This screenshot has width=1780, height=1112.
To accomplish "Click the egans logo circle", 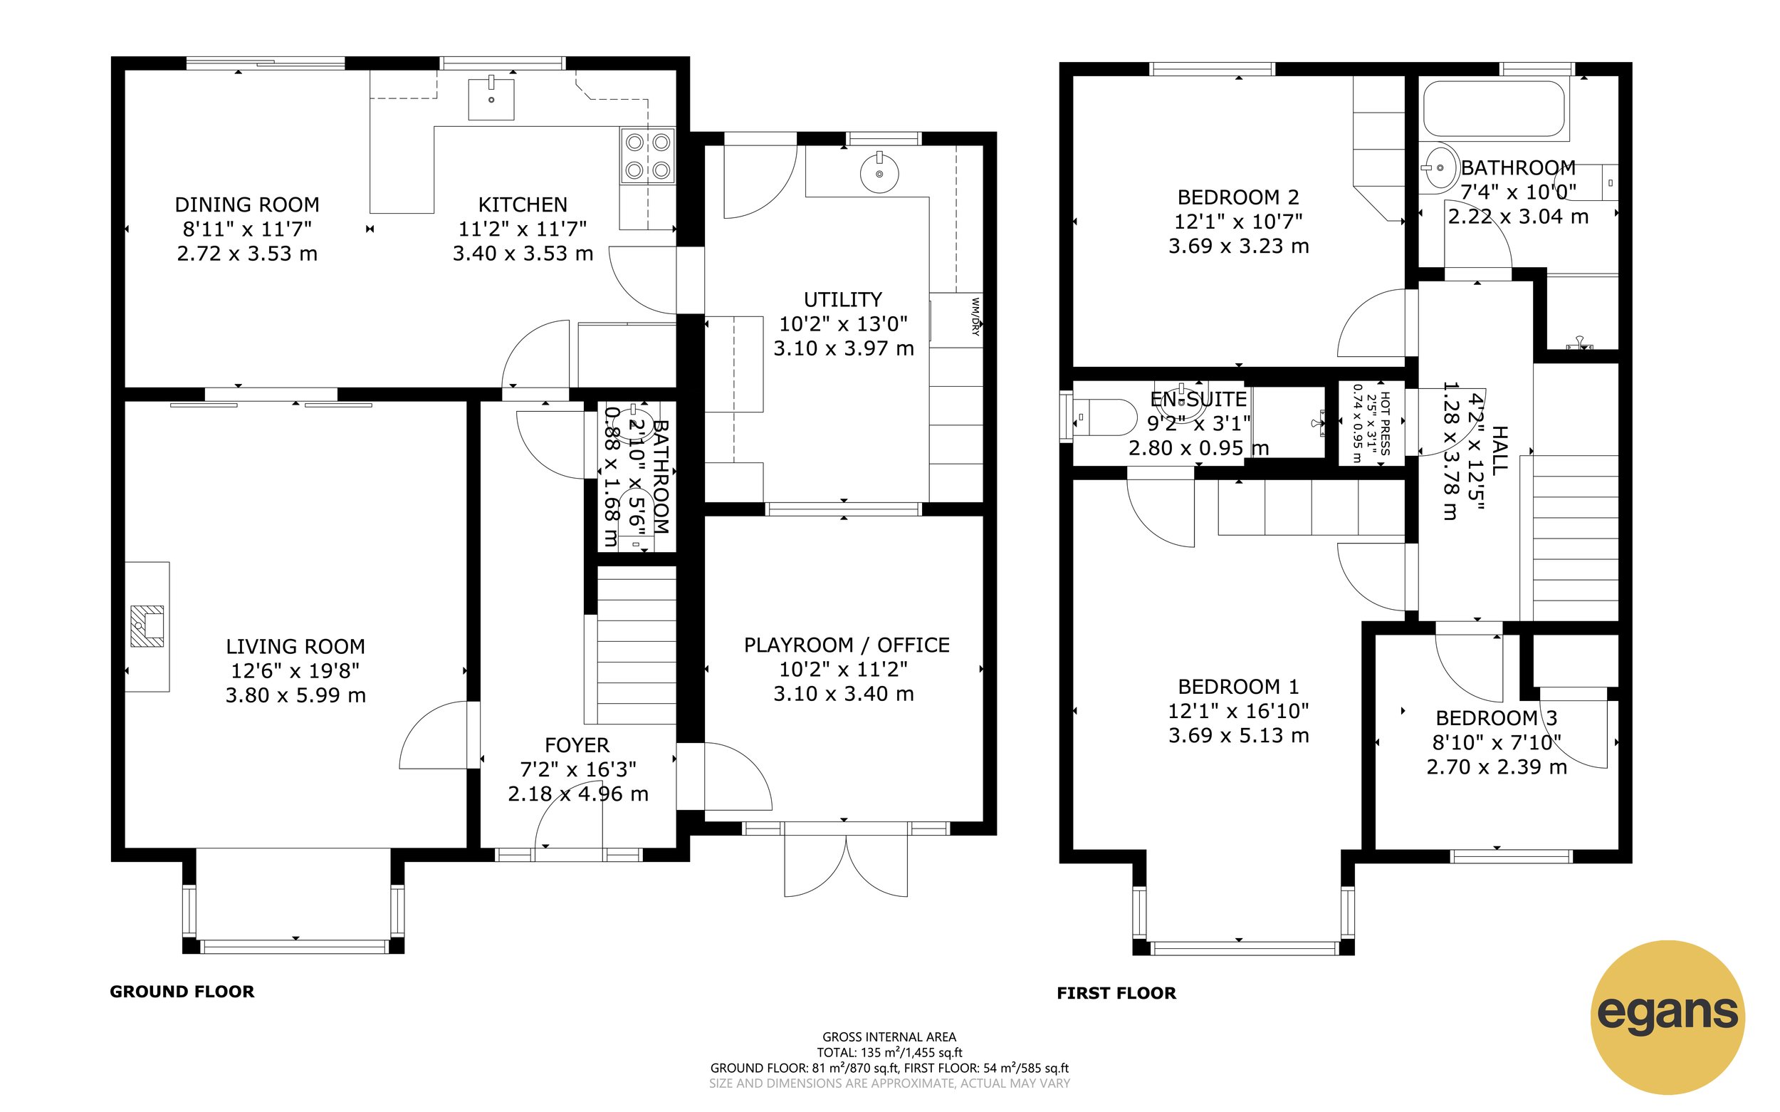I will click(x=1667, y=1017).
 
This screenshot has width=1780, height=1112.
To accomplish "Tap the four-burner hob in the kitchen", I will click(x=647, y=156).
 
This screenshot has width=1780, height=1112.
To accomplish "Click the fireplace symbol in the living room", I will click(x=147, y=627).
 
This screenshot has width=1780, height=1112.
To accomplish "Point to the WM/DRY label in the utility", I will click(x=975, y=316).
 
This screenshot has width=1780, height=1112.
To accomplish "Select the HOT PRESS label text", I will click(x=1385, y=424).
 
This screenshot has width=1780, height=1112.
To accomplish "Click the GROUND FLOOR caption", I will click(x=182, y=992).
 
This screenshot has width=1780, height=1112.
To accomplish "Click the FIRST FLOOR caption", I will click(x=1116, y=993).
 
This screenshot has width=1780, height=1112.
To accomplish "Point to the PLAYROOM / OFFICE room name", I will click(x=847, y=645).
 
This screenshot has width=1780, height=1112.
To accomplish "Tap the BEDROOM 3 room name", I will click(x=1497, y=718).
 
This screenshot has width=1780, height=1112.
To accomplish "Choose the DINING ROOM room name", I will click(x=247, y=204).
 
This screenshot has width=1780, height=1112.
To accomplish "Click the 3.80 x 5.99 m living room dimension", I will click(x=295, y=695).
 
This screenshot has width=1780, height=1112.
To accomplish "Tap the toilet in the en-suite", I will click(x=1102, y=417).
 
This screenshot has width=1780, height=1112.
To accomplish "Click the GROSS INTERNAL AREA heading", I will click(x=889, y=1037).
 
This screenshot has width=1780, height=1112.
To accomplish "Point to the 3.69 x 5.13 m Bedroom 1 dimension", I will click(x=1238, y=735).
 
